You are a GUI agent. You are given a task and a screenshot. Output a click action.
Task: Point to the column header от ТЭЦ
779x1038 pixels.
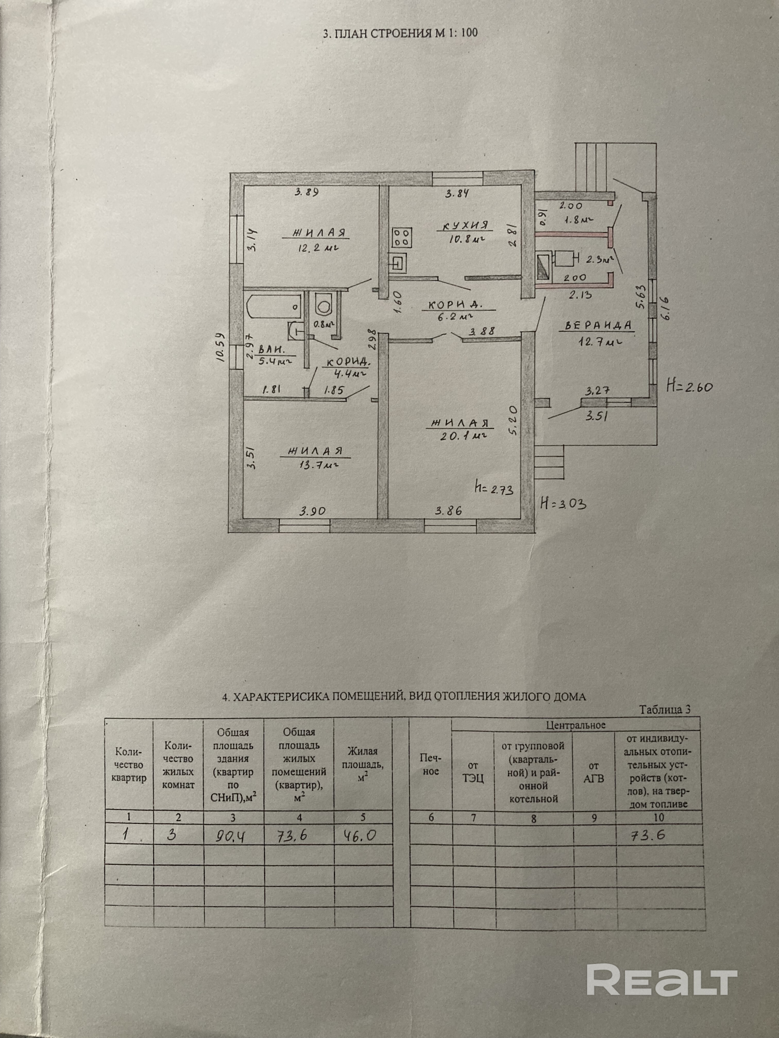click(x=473, y=772)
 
